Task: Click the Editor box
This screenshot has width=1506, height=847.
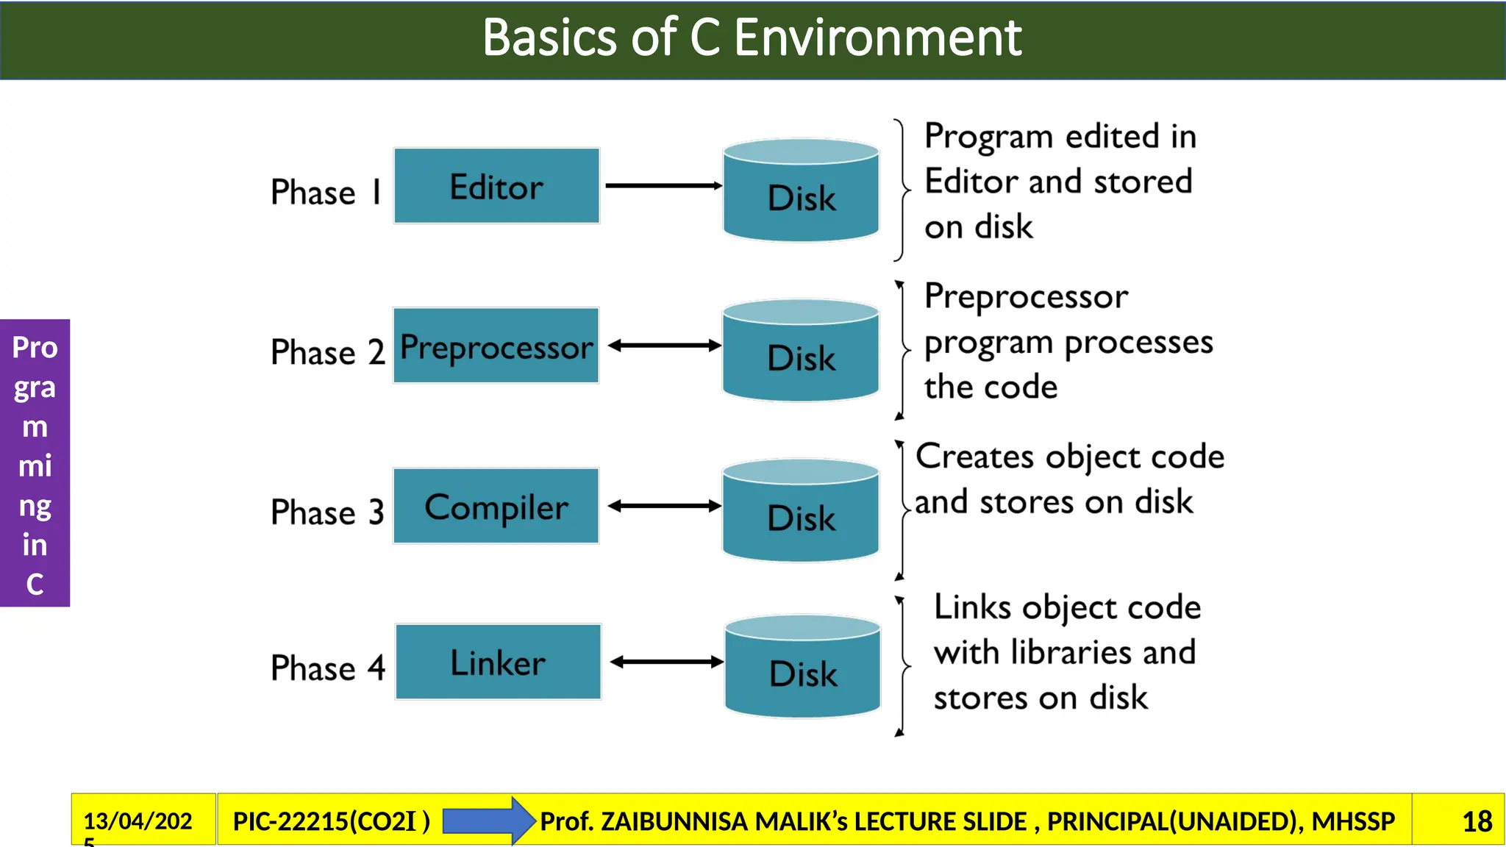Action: click(496, 186)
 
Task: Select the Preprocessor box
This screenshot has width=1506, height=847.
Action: click(496, 346)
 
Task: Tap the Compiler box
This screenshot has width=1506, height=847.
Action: click(496, 506)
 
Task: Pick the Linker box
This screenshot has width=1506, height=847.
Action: click(498, 662)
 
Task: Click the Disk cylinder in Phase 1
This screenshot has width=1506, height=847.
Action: click(801, 191)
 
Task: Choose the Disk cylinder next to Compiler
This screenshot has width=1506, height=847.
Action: click(801, 511)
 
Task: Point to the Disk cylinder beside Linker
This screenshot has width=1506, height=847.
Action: click(802, 667)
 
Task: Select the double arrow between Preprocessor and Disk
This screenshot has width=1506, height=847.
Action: click(664, 346)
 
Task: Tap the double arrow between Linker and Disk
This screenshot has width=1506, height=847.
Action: click(666, 662)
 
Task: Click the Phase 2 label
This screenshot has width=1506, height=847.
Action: click(327, 352)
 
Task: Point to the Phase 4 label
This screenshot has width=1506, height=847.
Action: click(327, 668)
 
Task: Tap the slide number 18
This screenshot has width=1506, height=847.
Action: click(1477, 821)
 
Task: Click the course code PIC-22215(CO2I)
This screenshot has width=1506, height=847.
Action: click(331, 821)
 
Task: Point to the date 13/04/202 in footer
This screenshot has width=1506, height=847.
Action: click(138, 821)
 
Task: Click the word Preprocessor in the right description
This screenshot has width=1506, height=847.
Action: click(1025, 297)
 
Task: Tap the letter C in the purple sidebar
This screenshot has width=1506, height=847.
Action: click(35, 585)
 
